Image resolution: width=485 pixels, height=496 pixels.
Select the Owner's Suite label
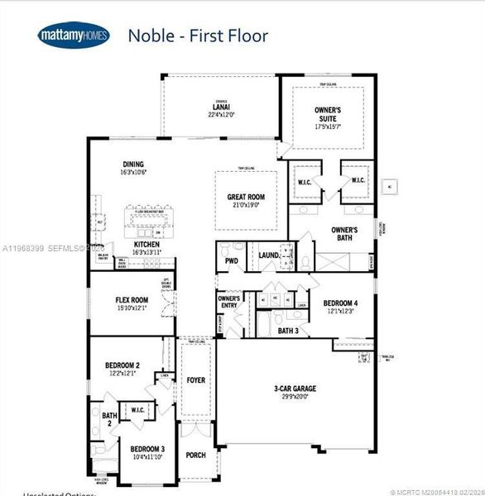pyautogui.click(x=329, y=114)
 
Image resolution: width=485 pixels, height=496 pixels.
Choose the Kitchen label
pyautogui.click(x=147, y=245)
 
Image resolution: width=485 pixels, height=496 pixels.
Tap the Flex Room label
pyautogui.click(x=132, y=300)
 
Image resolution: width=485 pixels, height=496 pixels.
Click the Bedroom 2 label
pyautogui.click(x=122, y=365)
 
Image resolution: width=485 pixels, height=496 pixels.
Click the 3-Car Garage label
pyautogui.click(x=295, y=389)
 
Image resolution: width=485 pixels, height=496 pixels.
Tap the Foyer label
pyautogui.click(x=195, y=380)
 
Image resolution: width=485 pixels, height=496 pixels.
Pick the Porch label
pyautogui.click(x=195, y=455)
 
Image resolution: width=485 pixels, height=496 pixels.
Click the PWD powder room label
pyautogui.click(x=231, y=261)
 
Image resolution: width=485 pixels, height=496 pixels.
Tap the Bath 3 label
pyautogui.click(x=287, y=331)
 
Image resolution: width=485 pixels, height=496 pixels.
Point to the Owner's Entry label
pyautogui.click(x=228, y=303)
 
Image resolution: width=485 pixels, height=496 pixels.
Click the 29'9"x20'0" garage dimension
pyautogui.click(x=295, y=397)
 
